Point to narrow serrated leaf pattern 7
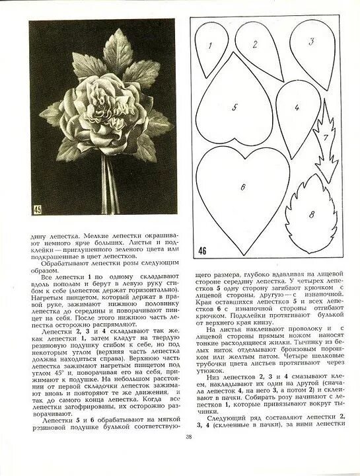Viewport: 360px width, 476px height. pos(326,142)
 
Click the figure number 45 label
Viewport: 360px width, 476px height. pos(38,210)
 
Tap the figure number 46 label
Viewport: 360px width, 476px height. pos(201,251)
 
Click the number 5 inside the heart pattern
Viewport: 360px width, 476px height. pos(234,106)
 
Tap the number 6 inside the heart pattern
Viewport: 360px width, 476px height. pos(242,188)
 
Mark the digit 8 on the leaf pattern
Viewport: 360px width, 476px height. pos(312,215)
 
